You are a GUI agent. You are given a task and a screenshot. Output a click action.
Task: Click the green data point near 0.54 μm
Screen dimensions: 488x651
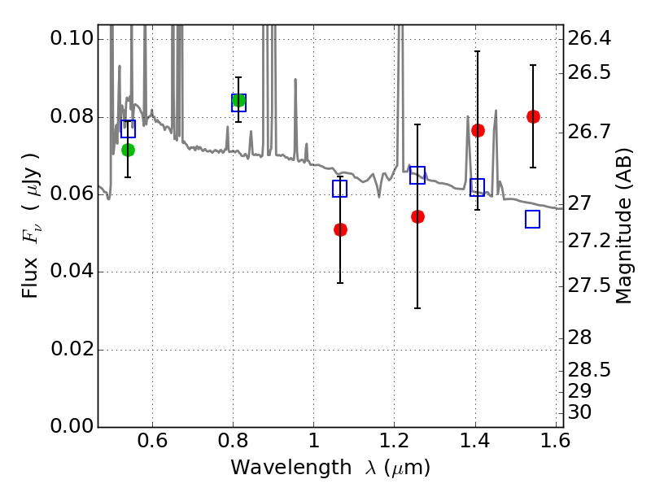point(128,150)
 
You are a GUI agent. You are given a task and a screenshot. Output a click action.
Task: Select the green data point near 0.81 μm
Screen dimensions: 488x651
point(238,101)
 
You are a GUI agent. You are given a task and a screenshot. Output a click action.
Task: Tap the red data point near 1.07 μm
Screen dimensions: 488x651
point(340,229)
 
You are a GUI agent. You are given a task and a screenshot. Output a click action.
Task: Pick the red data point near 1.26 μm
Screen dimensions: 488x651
point(417,216)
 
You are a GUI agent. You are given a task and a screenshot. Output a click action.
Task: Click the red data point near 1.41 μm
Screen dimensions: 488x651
point(478,130)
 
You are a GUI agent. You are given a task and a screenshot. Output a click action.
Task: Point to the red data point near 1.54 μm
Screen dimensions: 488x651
point(533,116)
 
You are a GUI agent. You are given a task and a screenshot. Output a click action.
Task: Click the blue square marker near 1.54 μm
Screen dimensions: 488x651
point(533,219)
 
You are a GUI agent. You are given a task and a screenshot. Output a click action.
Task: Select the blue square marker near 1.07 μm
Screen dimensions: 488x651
point(340,189)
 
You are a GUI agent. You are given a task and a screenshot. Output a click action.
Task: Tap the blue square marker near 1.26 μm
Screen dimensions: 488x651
point(417,175)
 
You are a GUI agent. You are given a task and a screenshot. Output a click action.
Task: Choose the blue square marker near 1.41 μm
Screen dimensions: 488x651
point(478,187)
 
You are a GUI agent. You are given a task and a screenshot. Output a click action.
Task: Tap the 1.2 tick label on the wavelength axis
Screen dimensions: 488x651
point(394,443)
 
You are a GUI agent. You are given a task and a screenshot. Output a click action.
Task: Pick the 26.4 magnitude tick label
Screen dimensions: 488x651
point(592,39)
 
